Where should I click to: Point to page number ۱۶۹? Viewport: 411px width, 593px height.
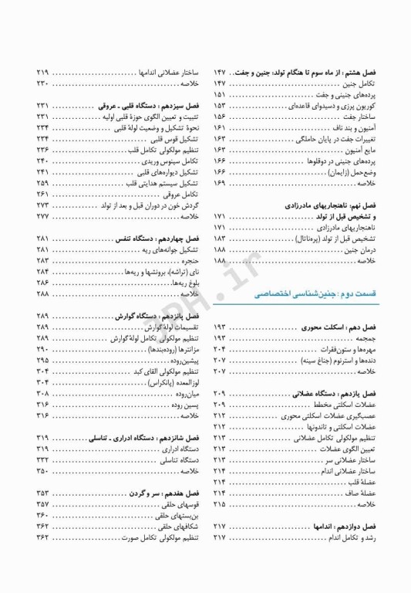[x=220, y=183]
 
